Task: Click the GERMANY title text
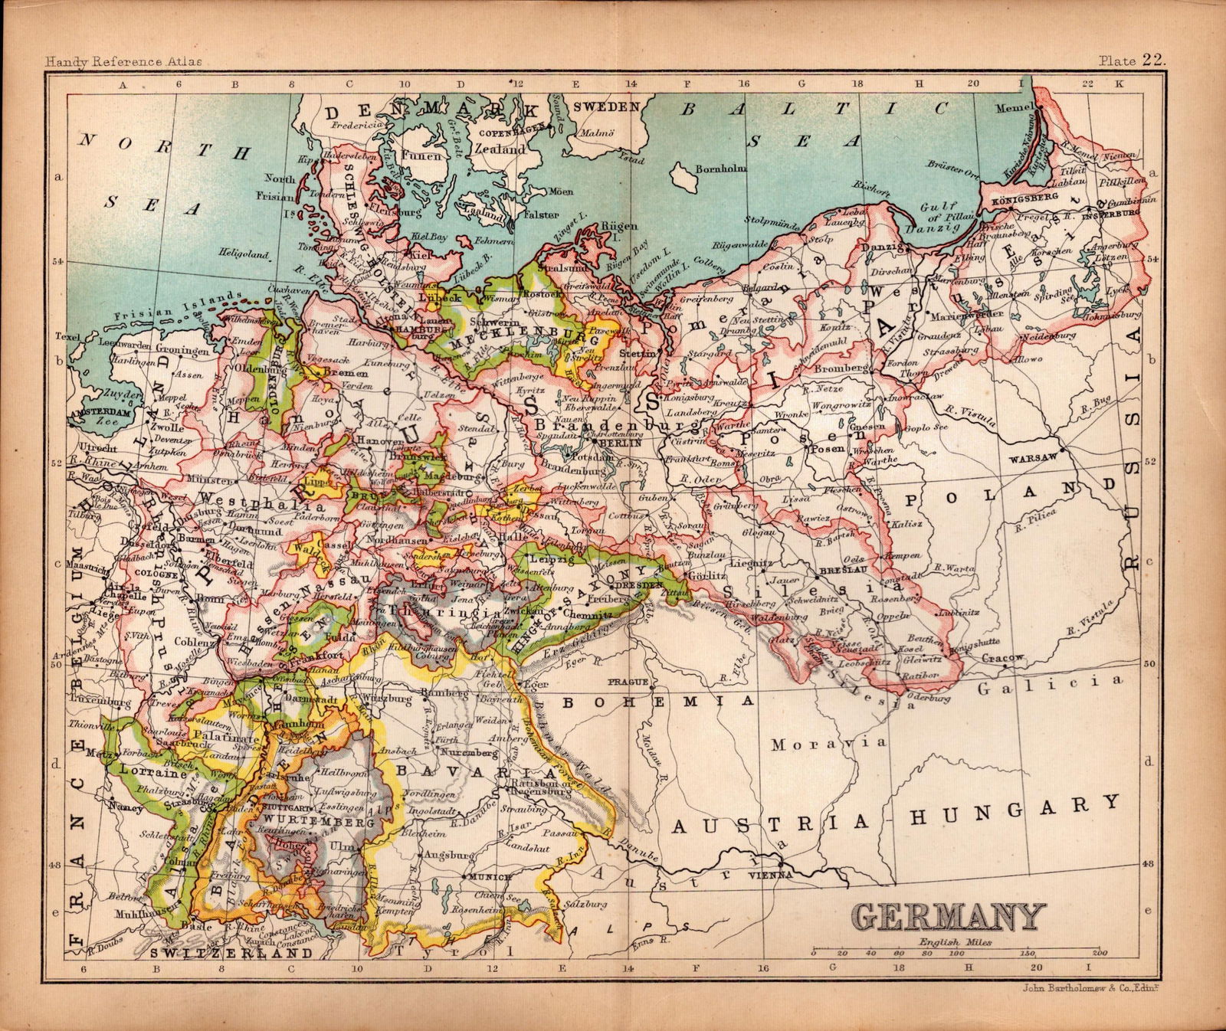coord(948,917)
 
